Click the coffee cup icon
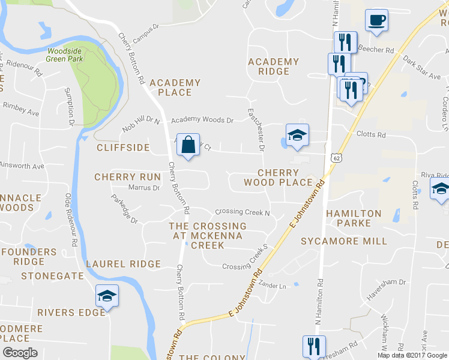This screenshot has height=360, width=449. [376, 20]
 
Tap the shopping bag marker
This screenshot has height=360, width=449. [188, 145]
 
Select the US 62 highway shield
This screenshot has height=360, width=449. [335, 157]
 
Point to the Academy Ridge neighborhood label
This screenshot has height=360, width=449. [273, 66]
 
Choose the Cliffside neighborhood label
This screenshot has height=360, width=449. [122, 147]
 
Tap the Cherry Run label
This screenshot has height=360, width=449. [127, 177]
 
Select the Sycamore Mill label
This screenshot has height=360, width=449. [344, 241]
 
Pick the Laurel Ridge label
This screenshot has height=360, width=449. [124, 264]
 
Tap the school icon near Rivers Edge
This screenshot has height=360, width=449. [107, 296]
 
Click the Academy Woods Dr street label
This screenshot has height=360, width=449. [202, 120]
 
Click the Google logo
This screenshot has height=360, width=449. [20, 353]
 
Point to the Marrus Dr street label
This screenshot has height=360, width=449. [144, 188]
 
